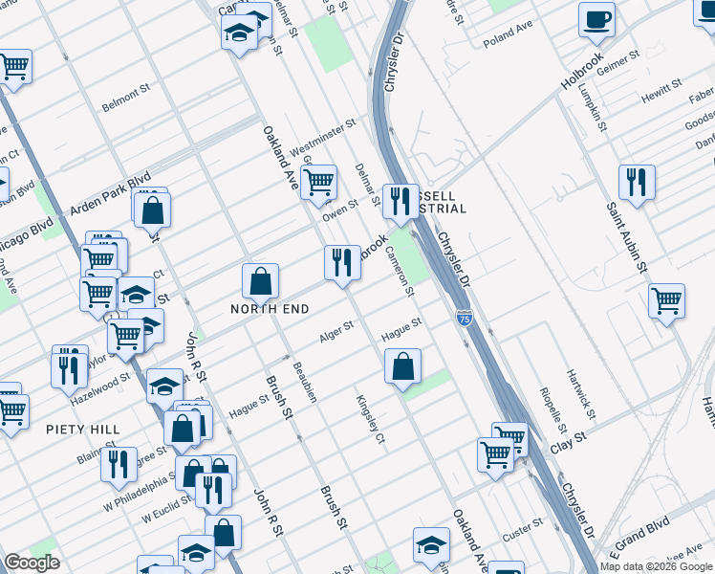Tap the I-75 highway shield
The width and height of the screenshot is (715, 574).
(x=464, y=316)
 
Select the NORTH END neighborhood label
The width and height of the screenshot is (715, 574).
(x=269, y=309)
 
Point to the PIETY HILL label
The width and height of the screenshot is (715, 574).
(x=83, y=430)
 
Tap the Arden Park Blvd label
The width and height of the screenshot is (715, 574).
(x=113, y=193)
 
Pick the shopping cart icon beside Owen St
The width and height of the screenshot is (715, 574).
(x=318, y=181)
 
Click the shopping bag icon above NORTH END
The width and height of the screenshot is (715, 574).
(x=260, y=281)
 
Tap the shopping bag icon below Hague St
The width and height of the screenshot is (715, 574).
(x=403, y=365)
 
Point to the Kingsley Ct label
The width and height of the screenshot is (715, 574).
(x=370, y=421)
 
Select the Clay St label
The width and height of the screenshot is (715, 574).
(x=567, y=442)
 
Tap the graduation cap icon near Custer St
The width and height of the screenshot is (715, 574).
(x=432, y=545)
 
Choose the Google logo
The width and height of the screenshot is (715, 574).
(x=32, y=562)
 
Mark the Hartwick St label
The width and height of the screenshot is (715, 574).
(x=580, y=394)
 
